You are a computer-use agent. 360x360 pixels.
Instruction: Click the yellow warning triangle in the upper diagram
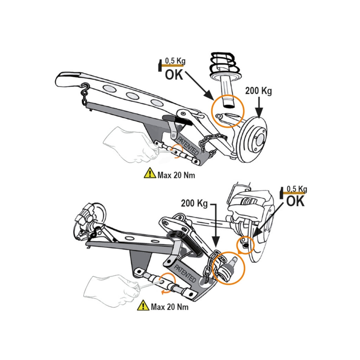(150, 173)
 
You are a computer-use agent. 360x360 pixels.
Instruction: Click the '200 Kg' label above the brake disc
(259, 91)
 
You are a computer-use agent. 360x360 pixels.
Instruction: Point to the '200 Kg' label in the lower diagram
(194, 203)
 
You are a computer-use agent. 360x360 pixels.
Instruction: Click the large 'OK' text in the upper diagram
(174, 74)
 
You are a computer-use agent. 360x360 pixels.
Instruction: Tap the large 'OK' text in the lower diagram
(295, 201)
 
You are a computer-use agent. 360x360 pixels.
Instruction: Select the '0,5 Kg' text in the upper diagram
(175, 61)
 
